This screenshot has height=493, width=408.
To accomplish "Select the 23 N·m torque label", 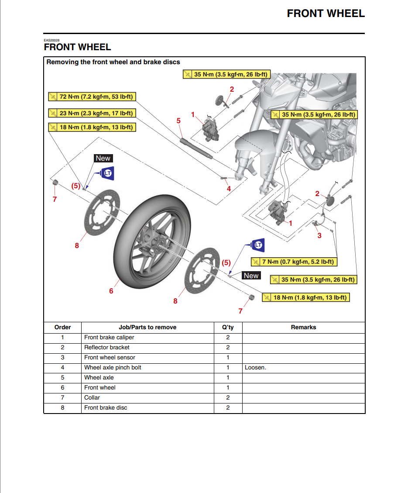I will pyautogui.click(x=91, y=113).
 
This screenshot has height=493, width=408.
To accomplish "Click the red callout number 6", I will pyautogui.click(x=111, y=291).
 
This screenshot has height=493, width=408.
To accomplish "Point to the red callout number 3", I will pyautogui.click(x=319, y=235).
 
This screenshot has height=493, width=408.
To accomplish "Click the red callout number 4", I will pyautogui.click(x=229, y=189).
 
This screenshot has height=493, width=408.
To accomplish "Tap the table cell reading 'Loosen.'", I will pyautogui.click(x=256, y=368).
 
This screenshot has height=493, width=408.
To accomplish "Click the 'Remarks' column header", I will pyautogui.click(x=303, y=327).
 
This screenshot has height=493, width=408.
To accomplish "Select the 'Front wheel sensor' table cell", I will pyautogui.click(x=110, y=358).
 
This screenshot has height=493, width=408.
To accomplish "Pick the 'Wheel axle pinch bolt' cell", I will pyautogui.click(x=113, y=368).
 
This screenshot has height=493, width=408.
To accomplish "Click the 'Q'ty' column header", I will pyautogui.click(x=228, y=327).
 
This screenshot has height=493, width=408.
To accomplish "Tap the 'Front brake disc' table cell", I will pyautogui.click(x=106, y=408).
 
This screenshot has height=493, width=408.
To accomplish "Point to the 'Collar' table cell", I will pyautogui.click(x=92, y=398).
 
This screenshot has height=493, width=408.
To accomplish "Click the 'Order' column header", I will pyautogui.click(x=62, y=327).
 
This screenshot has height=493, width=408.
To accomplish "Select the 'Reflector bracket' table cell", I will pyautogui.click(x=107, y=348).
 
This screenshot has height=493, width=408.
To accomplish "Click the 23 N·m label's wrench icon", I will pyautogui.click(x=53, y=113).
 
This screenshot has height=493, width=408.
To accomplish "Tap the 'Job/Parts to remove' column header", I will pyautogui.click(x=147, y=327).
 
